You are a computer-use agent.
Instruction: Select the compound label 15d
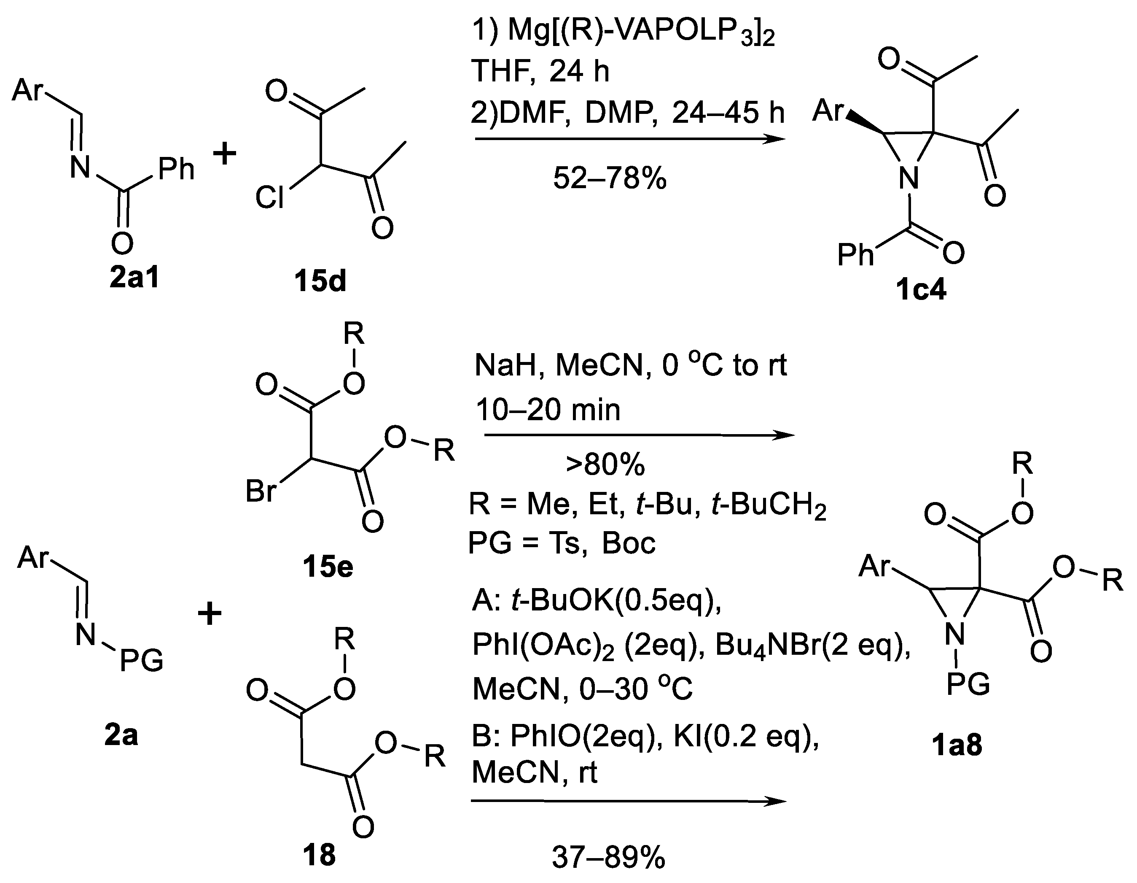tap(320, 281)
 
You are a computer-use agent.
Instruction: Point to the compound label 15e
tap(328, 567)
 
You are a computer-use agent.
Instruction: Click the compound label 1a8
tap(957, 745)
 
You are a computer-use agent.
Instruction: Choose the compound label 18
tap(319, 856)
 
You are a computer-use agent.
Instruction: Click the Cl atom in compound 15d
tap(270, 198)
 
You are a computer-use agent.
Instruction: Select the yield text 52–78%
tap(610, 179)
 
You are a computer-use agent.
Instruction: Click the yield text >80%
tap(605, 464)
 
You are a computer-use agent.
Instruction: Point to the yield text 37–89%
tap(608, 857)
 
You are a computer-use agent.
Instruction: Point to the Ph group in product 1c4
tap(855, 255)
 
